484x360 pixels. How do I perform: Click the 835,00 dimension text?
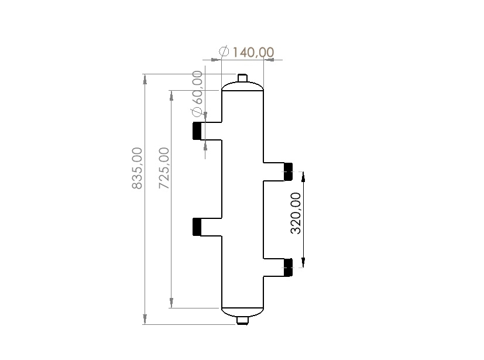(137, 168)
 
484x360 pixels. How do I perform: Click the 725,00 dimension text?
(164, 168)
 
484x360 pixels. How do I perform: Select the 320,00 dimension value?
(297, 213)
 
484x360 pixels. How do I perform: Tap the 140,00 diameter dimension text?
(253, 52)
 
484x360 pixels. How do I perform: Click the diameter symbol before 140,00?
(224, 52)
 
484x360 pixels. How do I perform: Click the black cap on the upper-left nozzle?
(197, 131)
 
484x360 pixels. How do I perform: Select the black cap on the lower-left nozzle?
(197, 227)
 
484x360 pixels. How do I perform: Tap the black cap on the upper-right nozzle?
(288, 172)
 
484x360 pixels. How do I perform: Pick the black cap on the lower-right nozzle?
(288, 267)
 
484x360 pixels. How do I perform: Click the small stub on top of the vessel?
(243, 78)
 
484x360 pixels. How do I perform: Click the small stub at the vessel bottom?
(243, 320)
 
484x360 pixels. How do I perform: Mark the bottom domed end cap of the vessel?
(243, 311)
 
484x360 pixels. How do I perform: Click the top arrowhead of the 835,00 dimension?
(145, 79)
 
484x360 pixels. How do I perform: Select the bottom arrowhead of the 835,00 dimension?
(145, 320)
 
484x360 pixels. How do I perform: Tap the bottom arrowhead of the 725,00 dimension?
(171, 303)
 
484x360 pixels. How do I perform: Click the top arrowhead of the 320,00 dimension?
(303, 176)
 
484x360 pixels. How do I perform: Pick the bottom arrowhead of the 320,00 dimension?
(303, 263)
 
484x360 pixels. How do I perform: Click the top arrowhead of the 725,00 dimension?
(171, 95)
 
